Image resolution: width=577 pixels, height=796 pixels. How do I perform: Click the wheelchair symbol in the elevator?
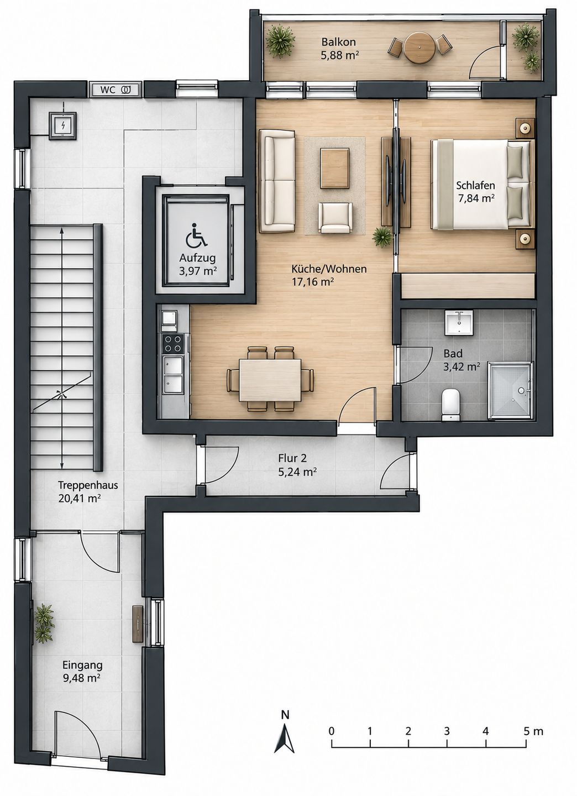[x=197, y=235]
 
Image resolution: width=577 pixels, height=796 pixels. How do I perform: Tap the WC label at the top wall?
[x=108, y=90]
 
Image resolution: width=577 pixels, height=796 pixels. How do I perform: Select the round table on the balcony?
[x=419, y=48]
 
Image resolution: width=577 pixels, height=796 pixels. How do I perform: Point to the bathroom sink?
[x=459, y=322]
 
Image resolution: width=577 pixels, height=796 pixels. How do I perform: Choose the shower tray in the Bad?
[x=511, y=391]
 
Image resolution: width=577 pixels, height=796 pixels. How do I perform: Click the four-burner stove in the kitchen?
[x=172, y=343]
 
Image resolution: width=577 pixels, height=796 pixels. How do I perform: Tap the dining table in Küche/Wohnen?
[x=270, y=380]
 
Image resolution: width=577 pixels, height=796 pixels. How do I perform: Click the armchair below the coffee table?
[x=335, y=217]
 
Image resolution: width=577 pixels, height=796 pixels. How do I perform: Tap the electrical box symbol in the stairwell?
[x=62, y=126]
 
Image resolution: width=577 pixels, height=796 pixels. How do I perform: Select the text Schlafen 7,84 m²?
[x=476, y=191]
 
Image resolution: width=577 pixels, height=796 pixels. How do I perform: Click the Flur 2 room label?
[x=292, y=458]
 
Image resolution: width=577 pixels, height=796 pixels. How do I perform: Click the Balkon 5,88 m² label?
[x=339, y=48]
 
